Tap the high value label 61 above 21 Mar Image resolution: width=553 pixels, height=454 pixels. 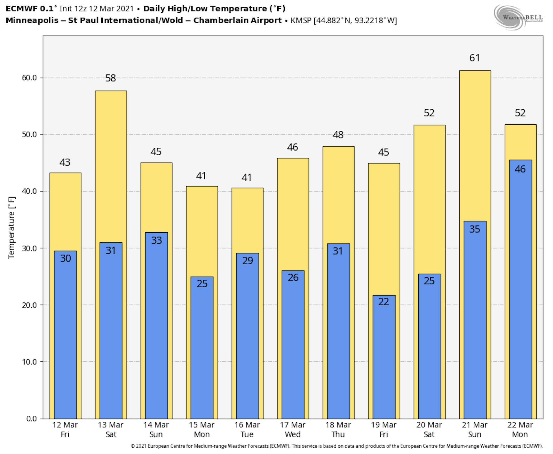(474, 58)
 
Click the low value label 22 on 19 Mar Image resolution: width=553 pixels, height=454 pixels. (384, 302)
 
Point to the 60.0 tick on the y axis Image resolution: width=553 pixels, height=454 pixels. (29, 78)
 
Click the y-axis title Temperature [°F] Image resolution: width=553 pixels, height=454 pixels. (12, 228)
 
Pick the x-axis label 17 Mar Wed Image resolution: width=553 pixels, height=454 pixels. (292, 430)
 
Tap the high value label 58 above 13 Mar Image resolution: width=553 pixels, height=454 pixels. (110, 78)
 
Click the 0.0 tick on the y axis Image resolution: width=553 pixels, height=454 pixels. (31, 419)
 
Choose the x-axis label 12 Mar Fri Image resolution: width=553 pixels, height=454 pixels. (65, 430)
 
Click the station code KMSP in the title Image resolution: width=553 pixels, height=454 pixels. (301, 20)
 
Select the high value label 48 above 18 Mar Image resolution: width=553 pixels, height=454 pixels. (338, 135)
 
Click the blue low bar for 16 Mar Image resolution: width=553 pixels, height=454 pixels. (247, 340)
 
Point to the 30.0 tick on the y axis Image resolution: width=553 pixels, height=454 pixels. (29, 248)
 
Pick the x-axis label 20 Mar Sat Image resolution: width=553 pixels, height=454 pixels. (429, 430)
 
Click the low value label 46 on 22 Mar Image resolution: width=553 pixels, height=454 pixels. (520, 169)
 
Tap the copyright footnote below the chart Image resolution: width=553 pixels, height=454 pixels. (336, 446)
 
